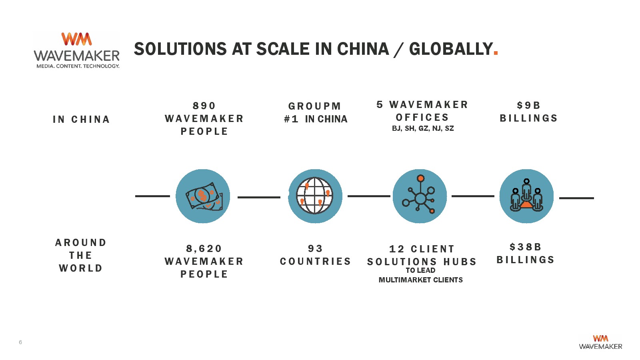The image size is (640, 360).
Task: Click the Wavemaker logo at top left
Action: [x=76, y=50]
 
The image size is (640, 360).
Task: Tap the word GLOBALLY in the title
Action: [x=451, y=49]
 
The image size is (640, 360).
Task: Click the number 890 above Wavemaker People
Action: [x=204, y=106]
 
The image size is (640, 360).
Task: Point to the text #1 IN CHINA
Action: [x=316, y=119]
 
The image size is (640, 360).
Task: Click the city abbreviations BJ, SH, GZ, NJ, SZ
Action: [x=423, y=128]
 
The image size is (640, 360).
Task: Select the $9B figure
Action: [x=528, y=106]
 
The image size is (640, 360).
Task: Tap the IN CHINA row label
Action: [x=82, y=120]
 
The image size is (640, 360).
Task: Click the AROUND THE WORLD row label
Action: [x=81, y=256]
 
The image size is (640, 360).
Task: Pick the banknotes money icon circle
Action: [x=203, y=196]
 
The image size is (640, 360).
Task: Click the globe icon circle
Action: [x=315, y=196]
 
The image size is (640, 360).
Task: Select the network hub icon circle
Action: [x=420, y=196]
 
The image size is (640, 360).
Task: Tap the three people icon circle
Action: [x=526, y=196]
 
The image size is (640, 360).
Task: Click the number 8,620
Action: [x=204, y=248]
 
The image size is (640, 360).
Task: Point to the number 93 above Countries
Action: [x=316, y=248]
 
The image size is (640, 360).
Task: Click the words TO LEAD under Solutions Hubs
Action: [x=420, y=270]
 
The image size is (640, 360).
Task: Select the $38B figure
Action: [x=526, y=247]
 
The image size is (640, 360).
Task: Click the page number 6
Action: [x=20, y=342]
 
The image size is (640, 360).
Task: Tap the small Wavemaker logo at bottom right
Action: [x=600, y=342]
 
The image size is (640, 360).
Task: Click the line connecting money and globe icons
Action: [x=259, y=197]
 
